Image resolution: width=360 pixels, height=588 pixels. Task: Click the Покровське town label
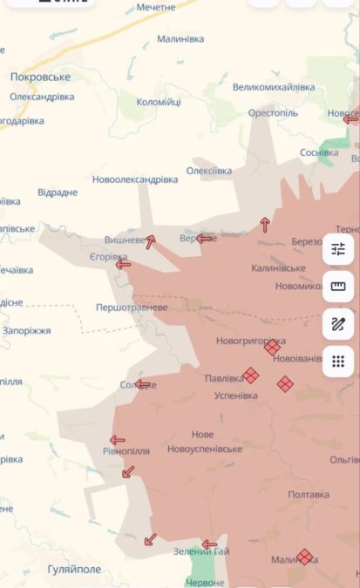point(40,77)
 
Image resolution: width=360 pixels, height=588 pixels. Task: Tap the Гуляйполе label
point(74,569)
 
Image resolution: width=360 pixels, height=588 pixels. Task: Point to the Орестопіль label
point(272,113)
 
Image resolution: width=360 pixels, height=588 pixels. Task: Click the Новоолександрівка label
point(135,179)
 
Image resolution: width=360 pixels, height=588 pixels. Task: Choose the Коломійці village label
point(159,102)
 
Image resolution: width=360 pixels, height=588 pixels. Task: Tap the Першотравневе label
point(132,308)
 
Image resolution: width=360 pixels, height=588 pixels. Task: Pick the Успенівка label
point(236,395)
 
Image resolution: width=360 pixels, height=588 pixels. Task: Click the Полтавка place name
point(309,494)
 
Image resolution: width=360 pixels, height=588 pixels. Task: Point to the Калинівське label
point(278,267)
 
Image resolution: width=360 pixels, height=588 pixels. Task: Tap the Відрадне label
point(58,193)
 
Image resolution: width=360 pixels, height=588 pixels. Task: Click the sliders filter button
point(338,251)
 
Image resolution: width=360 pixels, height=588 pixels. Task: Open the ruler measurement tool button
point(338,287)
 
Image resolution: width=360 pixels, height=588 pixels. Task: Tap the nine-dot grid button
point(338,360)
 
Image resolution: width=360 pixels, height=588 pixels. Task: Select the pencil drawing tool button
point(338,323)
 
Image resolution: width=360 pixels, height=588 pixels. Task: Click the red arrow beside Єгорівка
point(124,264)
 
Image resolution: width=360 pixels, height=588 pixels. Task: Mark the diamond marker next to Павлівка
point(251,375)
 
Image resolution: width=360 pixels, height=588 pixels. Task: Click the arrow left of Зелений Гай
point(209,544)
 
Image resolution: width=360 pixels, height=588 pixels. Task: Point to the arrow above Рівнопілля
point(117,440)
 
